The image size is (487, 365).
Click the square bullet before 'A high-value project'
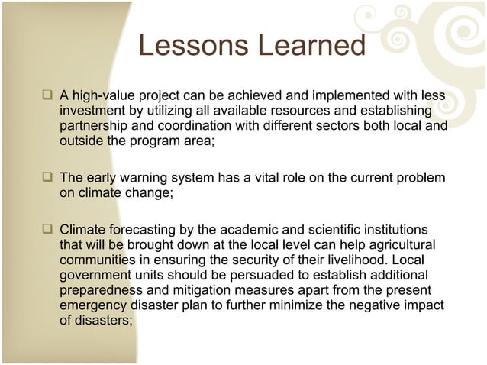(48, 96)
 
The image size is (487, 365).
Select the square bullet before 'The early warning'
(48, 178)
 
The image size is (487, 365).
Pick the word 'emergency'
(92, 305)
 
